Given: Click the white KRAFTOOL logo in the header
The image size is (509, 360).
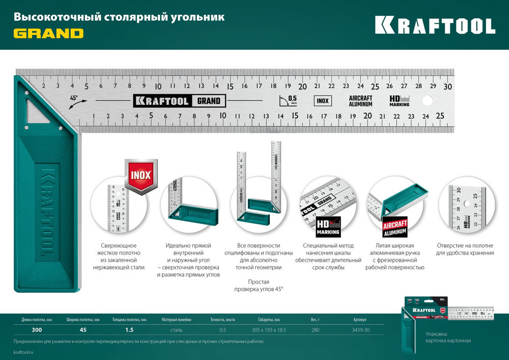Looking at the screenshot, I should (x=435, y=25).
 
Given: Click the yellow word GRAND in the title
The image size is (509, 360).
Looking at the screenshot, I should (x=48, y=34).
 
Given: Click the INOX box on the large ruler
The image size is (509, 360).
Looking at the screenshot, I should (x=322, y=101).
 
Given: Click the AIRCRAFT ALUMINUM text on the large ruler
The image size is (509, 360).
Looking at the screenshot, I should (x=361, y=101).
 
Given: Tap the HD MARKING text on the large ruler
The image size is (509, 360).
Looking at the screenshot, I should (x=399, y=101).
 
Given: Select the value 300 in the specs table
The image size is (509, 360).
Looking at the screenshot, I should (x=37, y=330).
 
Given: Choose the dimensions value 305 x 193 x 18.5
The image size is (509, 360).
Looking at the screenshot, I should (x=269, y=330).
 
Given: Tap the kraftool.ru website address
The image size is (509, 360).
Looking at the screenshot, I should (x=24, y=352).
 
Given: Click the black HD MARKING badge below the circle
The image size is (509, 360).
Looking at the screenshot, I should (x=328, y=227).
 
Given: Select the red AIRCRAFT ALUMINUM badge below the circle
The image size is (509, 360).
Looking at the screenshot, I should (x=395, y=227).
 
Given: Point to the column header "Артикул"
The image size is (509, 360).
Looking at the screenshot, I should (x=359, y=320).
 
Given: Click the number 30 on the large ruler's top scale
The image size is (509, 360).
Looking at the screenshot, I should (x=447, y=86).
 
